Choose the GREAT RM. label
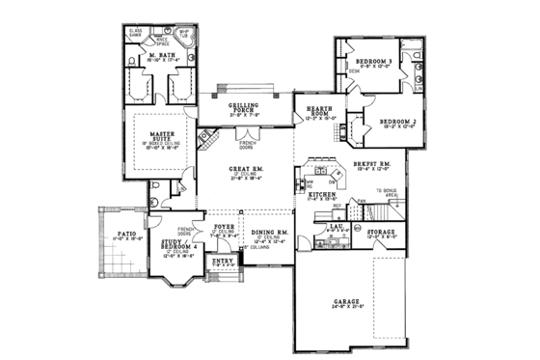click(x=247, y=170)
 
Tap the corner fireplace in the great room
click(x=205, y=138)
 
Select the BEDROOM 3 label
click(x=377, y=60)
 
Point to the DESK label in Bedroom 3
click(x=355, y=71)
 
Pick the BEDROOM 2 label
click(x=396, y=121)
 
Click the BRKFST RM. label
click(x=370, y=165)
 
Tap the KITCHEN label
click(x=322, y=194)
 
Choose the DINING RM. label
click(x=271, y=233)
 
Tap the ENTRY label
click(x=223, y=261)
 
